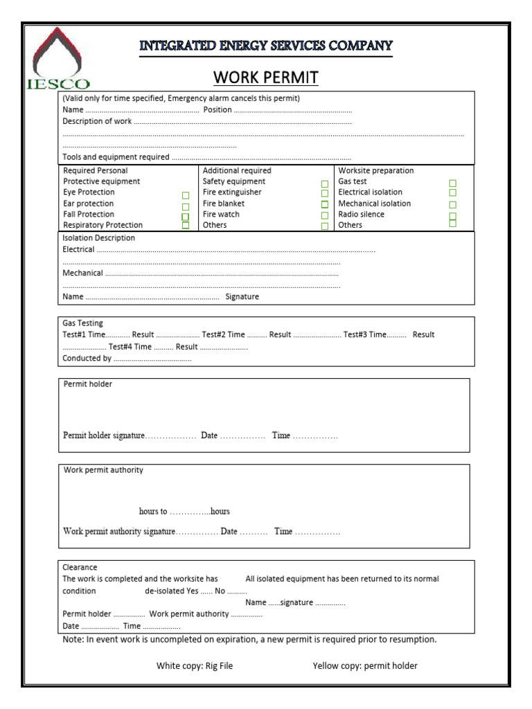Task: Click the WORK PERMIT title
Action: point(265,77)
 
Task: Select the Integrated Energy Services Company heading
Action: point(266,46)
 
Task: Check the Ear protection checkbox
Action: point(185,206)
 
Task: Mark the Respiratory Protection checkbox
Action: point(185,225)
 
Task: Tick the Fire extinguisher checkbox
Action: point(324,194)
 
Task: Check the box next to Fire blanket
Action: point(324,204)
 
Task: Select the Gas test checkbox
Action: point(452,183)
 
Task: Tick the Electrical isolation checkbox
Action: point(452,194)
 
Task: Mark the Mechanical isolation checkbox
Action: point(452,204)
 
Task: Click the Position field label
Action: point(218,109)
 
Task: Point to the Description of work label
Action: point(97,121)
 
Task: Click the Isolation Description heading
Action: point(99,238)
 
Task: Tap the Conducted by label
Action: point(87,359)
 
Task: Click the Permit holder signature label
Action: point(104,436)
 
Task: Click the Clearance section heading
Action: point(80,567)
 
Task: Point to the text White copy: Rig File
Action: point(195,666)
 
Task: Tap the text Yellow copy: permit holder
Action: point(365,666)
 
